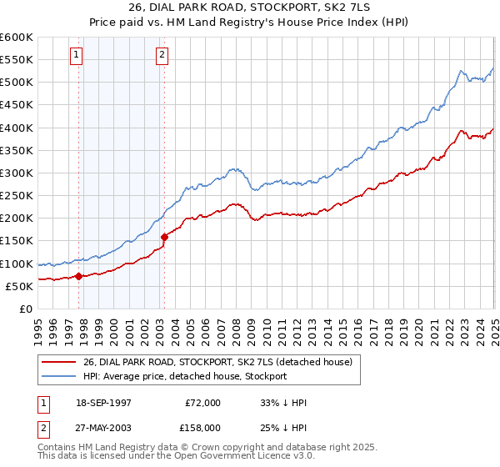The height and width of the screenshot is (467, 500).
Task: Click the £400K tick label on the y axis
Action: pyautogui.click(x=16, y=128)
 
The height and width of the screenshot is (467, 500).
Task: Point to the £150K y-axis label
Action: pyautogui.click(x=16, y=241)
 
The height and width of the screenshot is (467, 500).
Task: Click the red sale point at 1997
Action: pyautogui.click(x=78, y=276)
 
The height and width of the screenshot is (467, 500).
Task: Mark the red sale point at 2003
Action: pyautogui.click(x=165, y=237)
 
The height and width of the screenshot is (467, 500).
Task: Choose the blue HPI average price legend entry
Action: pyautogui.click(x=184, y=376)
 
